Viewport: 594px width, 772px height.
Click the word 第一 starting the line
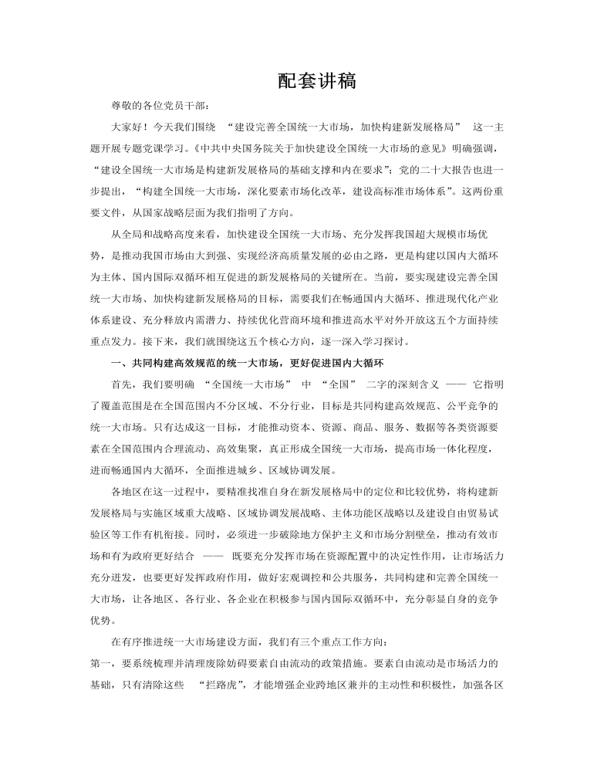tap(101, 664)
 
